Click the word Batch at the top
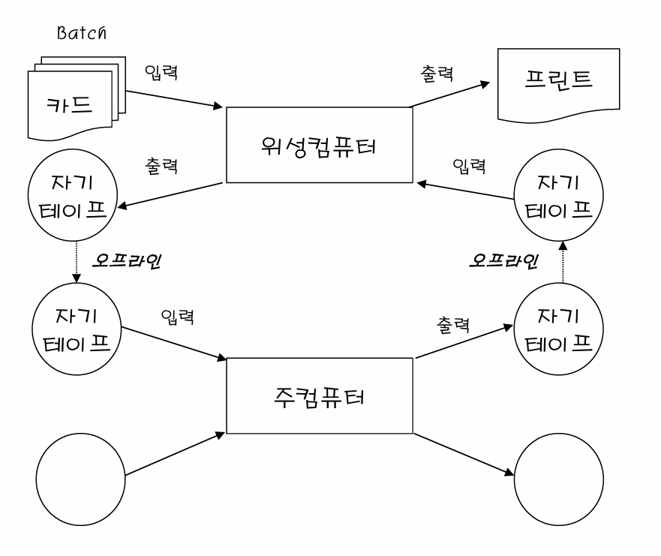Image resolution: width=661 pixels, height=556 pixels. point(81,32)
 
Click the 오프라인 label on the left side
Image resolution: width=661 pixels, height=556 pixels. point(127,261)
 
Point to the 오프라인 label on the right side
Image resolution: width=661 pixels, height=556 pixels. point(503,261)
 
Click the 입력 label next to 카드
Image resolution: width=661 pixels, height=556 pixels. point(161,72)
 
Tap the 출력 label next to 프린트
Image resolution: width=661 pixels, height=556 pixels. point(437,74)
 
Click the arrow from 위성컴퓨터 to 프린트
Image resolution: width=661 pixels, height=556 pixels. point(450,95)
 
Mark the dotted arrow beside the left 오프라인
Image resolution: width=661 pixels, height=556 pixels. point(77,262)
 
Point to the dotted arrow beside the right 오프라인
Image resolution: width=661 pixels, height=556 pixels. point(563,262)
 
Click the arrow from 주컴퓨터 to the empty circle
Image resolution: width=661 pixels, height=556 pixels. point(463,455)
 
